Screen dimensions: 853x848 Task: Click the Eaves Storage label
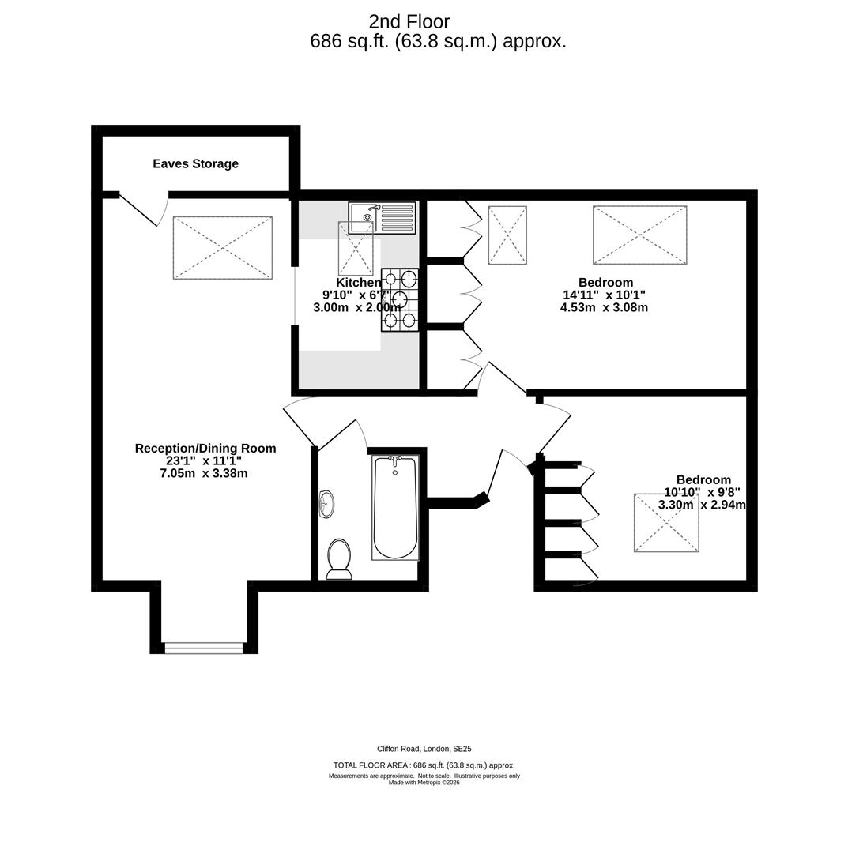point(195,164)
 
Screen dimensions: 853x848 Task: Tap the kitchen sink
point(382,217)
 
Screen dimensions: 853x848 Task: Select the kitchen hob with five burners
point(400,299)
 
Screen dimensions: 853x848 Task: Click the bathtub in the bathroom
point(395,507)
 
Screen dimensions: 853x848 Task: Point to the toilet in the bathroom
point(339,559)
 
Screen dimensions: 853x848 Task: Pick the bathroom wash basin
point(326,504)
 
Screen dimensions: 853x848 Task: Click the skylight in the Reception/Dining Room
point(223,247)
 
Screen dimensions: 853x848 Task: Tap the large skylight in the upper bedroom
point(639,235)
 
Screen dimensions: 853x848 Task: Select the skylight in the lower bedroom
point(666,522)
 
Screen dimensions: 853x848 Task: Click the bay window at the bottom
point(204,648)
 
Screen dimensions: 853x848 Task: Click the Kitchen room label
point(358,283)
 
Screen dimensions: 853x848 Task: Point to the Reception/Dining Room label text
point(205,449)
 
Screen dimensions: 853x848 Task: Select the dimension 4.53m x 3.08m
point(604,308)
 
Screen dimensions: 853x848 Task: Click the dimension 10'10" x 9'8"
point(702,492)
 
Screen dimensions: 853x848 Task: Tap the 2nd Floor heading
point(409,22)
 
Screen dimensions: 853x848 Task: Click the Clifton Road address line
point(424,749)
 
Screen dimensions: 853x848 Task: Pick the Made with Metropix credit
point(424,783)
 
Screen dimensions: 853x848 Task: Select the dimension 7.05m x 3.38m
point(204,474)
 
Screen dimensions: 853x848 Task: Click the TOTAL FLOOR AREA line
point(424,765)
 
